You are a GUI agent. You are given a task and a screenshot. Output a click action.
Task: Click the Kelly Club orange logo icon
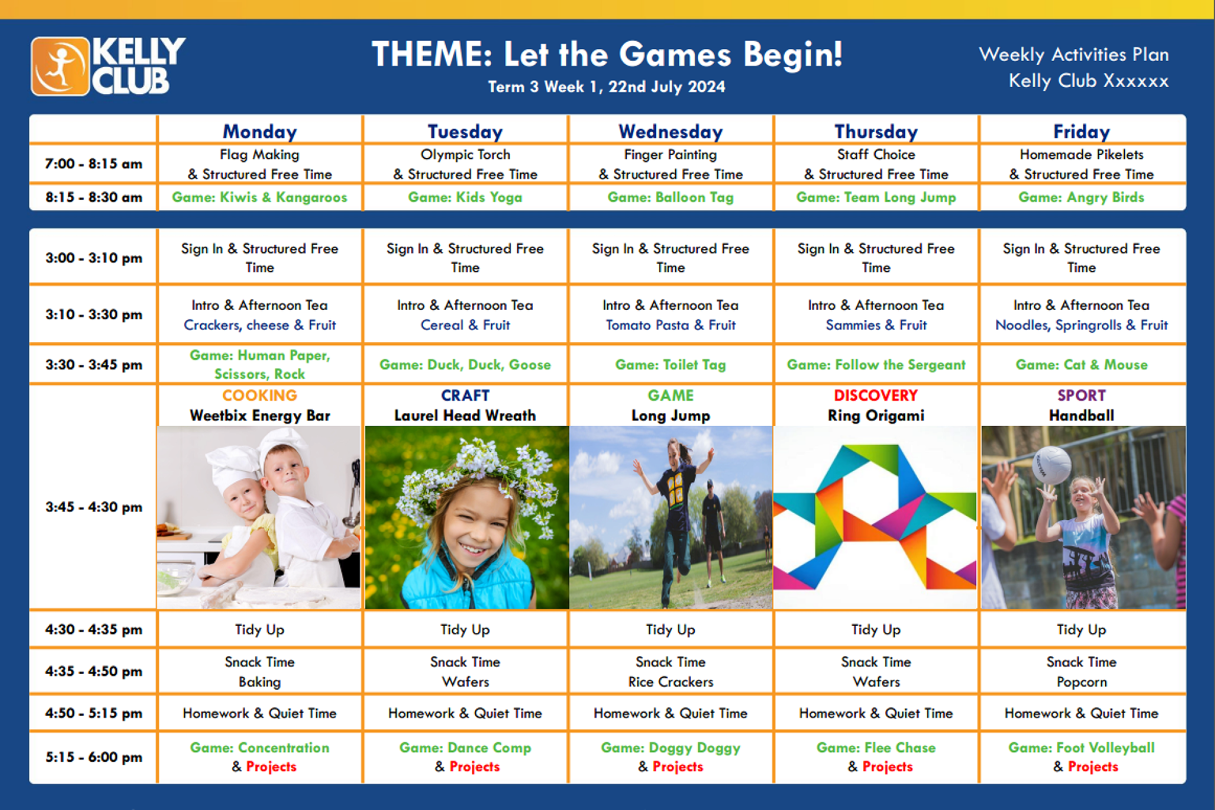pos(60,66)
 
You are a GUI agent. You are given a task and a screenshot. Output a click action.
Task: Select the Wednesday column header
pos(671,131)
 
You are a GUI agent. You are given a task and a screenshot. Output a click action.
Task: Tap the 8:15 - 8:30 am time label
pos(94,197)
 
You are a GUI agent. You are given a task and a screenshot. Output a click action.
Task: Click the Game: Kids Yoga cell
pos(465,197)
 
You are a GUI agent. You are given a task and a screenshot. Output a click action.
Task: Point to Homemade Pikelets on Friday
pos(1081,154)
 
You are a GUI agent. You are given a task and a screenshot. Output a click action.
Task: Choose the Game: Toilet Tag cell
pos(671,365)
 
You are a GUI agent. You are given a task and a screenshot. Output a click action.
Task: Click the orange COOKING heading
pos(259,395)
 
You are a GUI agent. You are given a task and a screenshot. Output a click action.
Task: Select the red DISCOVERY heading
pos(876,395)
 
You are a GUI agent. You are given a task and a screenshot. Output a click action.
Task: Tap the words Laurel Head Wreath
pos(465,415)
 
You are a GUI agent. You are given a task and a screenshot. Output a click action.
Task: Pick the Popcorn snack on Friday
pos(1082,682)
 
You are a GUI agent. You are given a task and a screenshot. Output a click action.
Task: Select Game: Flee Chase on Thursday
pos(876,747)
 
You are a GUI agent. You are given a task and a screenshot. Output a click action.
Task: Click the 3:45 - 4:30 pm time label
pos(94,507)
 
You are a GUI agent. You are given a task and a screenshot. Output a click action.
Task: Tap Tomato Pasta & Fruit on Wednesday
pos(671,325)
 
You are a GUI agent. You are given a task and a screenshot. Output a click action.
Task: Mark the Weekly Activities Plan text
pos(1074,55)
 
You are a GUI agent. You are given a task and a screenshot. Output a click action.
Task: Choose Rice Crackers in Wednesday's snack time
pos(671,682)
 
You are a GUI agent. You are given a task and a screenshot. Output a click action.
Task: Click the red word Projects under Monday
pos(272,767)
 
